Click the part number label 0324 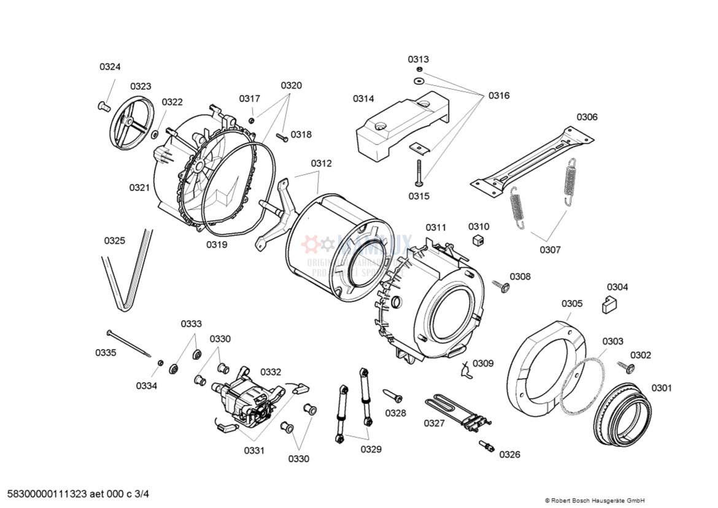click(110, 67)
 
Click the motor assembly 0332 click(245, 399)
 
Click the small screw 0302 click(629, 368)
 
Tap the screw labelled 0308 click(502, 286)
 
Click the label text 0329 click(371, 450)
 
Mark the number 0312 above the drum click(321, 163)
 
